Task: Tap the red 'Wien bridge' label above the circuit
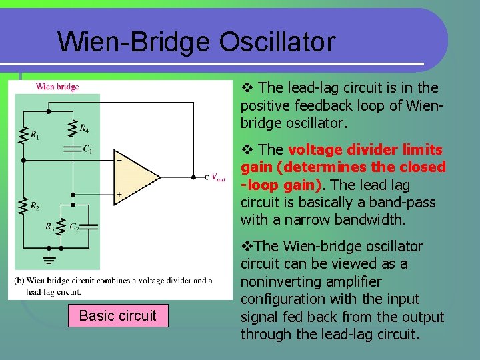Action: [57, 86]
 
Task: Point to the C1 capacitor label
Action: [87, 149]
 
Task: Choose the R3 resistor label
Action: [50, 227]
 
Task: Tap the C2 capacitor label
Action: [74, 227]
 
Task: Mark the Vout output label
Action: [218, 179]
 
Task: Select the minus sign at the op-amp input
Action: [119, 160]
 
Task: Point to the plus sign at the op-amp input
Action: [119, 194]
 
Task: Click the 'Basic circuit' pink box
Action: [117, 315]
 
